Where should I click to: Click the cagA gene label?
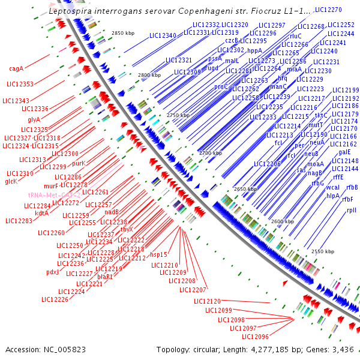17,68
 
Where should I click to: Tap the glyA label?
34,119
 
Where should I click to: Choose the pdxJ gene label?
52,272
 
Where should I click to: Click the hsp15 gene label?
158,254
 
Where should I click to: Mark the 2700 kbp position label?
211,154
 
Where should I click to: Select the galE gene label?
344,152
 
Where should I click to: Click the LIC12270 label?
328,10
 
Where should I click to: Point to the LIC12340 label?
161,36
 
